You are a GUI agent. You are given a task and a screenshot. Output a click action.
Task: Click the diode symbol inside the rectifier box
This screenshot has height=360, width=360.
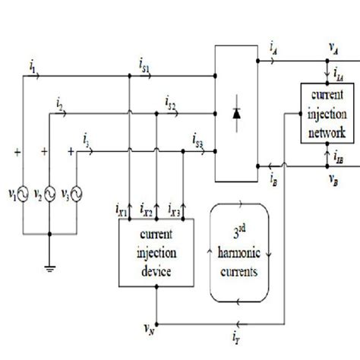238,115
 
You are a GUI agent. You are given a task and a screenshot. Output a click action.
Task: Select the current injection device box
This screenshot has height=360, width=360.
156,254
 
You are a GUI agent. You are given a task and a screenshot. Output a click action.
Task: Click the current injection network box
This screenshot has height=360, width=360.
326,113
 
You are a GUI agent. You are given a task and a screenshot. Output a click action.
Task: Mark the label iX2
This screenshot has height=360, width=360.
154,207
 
